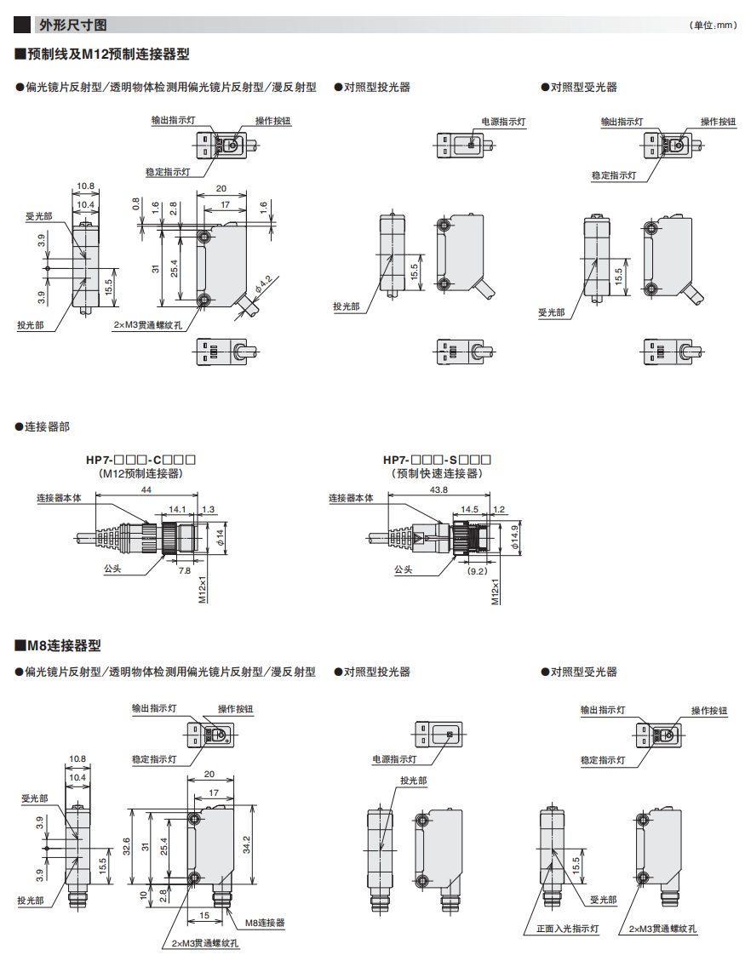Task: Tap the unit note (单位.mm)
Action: coord(712,26)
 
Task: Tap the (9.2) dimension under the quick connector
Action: coord(478,571)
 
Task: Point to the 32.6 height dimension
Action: coord(126,846)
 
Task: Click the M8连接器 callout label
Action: coord(265,923)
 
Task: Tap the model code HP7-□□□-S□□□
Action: coord(438,460)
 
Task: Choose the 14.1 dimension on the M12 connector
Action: coord(176,509)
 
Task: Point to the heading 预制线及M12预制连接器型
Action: coord(101,54)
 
